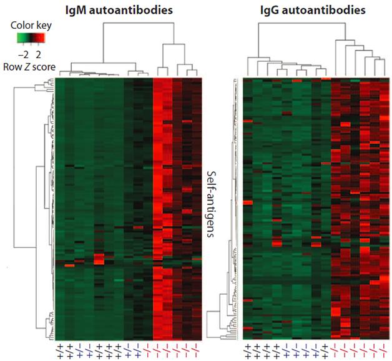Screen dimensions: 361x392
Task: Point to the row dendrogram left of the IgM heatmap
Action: pyautogui.click(x=28, y=206)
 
